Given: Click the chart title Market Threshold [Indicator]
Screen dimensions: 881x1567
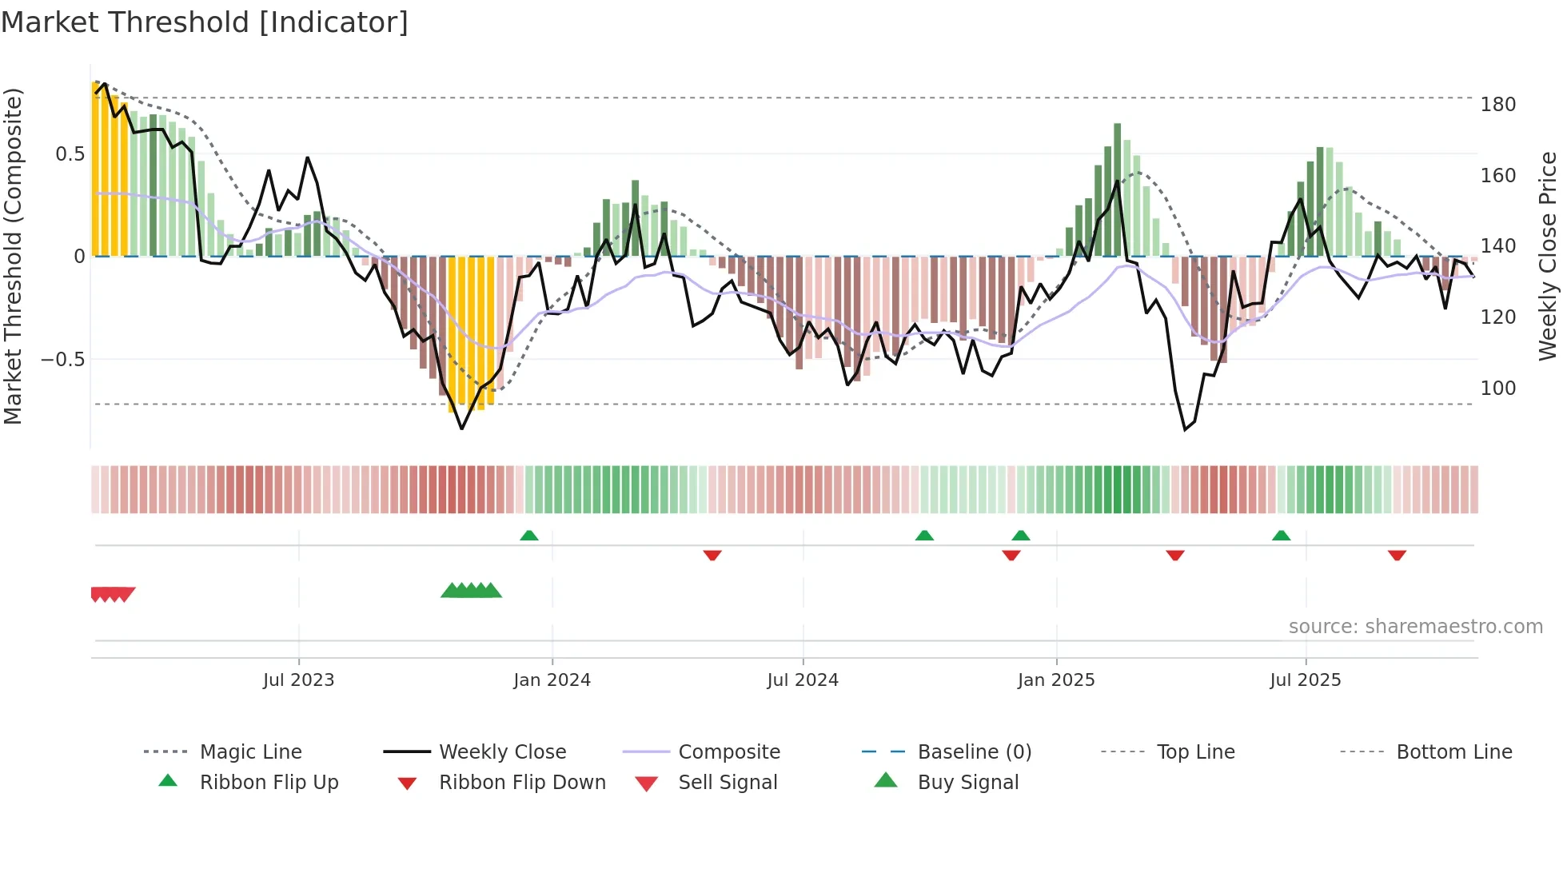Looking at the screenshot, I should pos(205,22).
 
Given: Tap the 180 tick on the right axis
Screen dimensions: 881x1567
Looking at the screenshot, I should pos(1497,105).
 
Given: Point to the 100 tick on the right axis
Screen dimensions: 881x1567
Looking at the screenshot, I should pos(1497,389).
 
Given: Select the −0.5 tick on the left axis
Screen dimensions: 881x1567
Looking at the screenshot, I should pos(63,360).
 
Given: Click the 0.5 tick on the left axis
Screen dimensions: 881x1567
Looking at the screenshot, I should pos(70,154).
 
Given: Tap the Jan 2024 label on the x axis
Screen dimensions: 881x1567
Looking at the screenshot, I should pos(552,680).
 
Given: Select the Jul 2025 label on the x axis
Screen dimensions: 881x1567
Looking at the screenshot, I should pos(1305,680).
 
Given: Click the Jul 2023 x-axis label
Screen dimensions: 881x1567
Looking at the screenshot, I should pos(298,680).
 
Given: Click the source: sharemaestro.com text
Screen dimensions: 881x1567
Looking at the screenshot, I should pos(1415,627).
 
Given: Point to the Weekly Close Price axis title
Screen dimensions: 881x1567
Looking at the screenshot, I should pos(1548,256).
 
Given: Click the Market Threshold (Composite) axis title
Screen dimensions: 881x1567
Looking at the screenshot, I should pos(13,256).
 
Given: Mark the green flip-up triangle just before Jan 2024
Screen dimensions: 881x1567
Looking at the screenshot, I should pos(528,536).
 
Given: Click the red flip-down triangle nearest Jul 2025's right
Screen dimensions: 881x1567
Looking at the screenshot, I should pos(1397,555).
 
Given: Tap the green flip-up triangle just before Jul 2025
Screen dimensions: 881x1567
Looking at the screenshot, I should pos(1281,536).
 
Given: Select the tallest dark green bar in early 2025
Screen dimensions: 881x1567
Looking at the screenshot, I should pos(1117,189).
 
